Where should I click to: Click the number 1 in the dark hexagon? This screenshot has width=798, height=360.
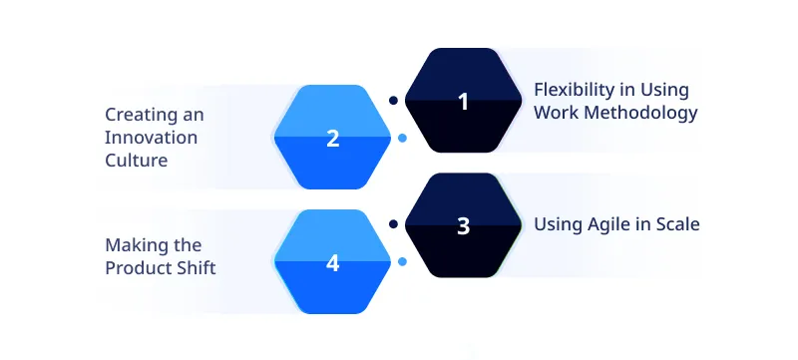coord(462,101)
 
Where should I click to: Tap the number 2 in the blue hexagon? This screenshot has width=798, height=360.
coord(333,139)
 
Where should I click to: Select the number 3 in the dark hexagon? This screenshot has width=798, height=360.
coord(462,225)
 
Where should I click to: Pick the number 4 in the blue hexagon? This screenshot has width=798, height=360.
coord(333,263)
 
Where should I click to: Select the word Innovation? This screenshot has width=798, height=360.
coord(152,137)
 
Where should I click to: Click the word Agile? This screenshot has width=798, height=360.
coord(606,225)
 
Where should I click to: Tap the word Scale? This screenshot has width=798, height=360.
coord(678,224)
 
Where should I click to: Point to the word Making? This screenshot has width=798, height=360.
coord(133,245)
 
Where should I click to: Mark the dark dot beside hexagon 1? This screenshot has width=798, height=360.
coord(393,100)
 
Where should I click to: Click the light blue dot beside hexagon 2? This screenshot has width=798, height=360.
coord(401,138)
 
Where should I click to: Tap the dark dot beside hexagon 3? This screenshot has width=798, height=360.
coord(393,224)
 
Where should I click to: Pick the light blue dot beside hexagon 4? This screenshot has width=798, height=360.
coord(401,262)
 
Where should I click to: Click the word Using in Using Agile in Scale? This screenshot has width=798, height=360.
coord(556,225)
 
